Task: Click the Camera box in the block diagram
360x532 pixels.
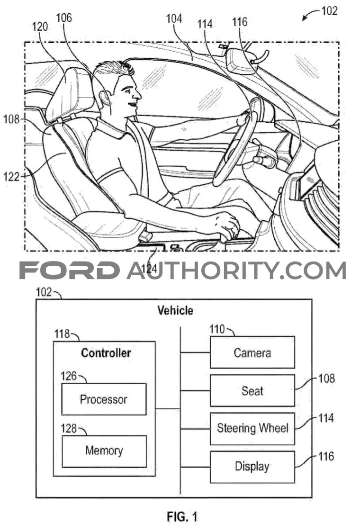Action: (x=252, y=352)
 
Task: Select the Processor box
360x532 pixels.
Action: (x=104, y=399)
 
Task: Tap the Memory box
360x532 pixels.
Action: (x=104, y=451)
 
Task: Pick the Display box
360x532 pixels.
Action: (x=252, y=467)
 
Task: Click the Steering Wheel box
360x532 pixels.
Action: (x=252, y=429)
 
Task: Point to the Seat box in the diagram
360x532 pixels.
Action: (x=252, y=390)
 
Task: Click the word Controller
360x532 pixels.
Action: (x=106, y=353)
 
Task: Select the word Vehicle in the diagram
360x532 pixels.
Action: (x=175, y=310)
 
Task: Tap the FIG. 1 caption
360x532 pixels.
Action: (x=182, y=517)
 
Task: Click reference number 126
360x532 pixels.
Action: (x=69, y=376)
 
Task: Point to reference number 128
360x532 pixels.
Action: (x=69, y=429)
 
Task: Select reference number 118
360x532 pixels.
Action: (x=62, y=334)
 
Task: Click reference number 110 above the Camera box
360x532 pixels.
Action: (x=217, y=329)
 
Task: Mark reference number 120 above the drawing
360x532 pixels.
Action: (x=40, y=27)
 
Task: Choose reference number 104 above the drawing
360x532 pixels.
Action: (x=174, y=18)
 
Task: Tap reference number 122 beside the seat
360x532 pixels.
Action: (x=11, y=176)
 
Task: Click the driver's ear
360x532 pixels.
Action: (x=105, y=98)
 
